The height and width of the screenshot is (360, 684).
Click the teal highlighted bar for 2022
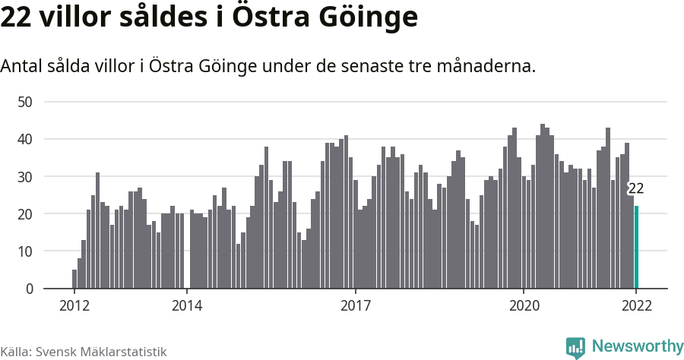click(x=636, y=248)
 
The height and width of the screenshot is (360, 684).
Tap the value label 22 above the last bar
click(x=636, y=189)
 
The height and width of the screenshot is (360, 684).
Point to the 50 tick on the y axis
click(x=26, y=102)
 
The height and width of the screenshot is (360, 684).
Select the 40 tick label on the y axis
click(x=26, y=139)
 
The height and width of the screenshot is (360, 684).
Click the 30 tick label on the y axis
click(x=26, y=176)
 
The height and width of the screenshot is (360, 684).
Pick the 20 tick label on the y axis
click(x=26, y=214)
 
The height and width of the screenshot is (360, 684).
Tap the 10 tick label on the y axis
click(x=26, y=251)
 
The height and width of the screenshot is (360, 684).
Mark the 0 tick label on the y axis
click(x=30, y=289)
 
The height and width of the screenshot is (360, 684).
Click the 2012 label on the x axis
click(x=74, y=306)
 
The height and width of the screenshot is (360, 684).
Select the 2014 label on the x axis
click(x=187, y=306)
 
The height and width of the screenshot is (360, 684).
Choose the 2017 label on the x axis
click(x=355, y=306)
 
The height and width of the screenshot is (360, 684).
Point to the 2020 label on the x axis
click(x=524, y=306)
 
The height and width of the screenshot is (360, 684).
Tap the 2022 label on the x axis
click(x=636, y=306)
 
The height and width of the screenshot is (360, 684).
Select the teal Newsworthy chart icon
click(x=575, y=347)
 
